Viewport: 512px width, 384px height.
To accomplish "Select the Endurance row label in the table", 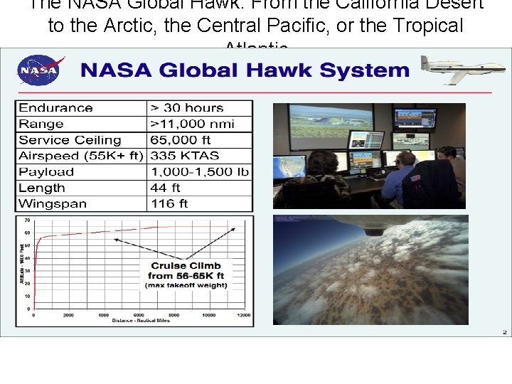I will pyautogui.click(x=55, y=108).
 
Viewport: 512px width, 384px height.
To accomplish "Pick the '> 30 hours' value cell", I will pyautogui.click(x=186, y=108).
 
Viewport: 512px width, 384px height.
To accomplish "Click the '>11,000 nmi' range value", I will pyautogui.click(x=191, y=124).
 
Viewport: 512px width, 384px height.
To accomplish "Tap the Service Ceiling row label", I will pyautogui.click(x=70, y=140).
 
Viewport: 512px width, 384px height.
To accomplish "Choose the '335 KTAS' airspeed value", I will pyautogui.click(x=185, y=156).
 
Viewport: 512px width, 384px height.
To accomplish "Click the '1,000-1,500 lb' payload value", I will pyautogui.click(x=198, y=172).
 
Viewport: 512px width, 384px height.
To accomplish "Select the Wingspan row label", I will pyautogui.click(x=53, y=204).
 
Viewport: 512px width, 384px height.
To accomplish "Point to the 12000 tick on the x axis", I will pyautogui.click(x=243, y=314).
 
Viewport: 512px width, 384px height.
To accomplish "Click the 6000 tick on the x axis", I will pyautogui.click(x=138, y=314).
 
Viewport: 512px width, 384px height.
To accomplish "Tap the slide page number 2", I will pyautogui.click(x=503, y=331).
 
